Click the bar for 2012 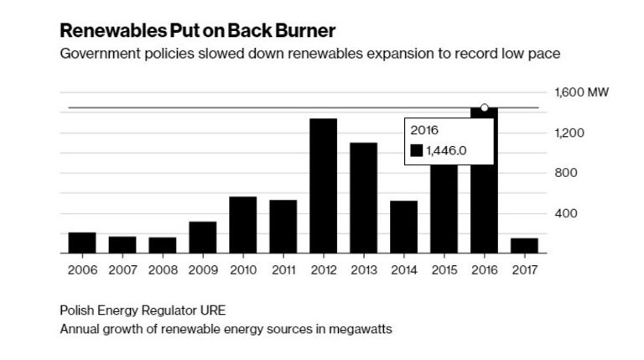tap(323, 185)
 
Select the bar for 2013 tap(363, 197)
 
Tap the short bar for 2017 tap(525, 245)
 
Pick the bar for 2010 tap(242, 224)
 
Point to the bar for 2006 tap(81, 243)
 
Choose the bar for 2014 tap(403, 227)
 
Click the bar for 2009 tap(202, 237)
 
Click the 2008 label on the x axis tap(162, 270)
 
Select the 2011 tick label tap(283, 270)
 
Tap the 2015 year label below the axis tap(444, 270)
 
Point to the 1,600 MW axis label tap(577, 93)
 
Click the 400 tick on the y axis tap(566, 214)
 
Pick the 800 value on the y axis tap(566, 174)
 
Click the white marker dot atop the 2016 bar tap(484, 107)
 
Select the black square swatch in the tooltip tap(417, 150)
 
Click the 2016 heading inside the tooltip tap(423, 130)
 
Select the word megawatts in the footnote tap(361, 329)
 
